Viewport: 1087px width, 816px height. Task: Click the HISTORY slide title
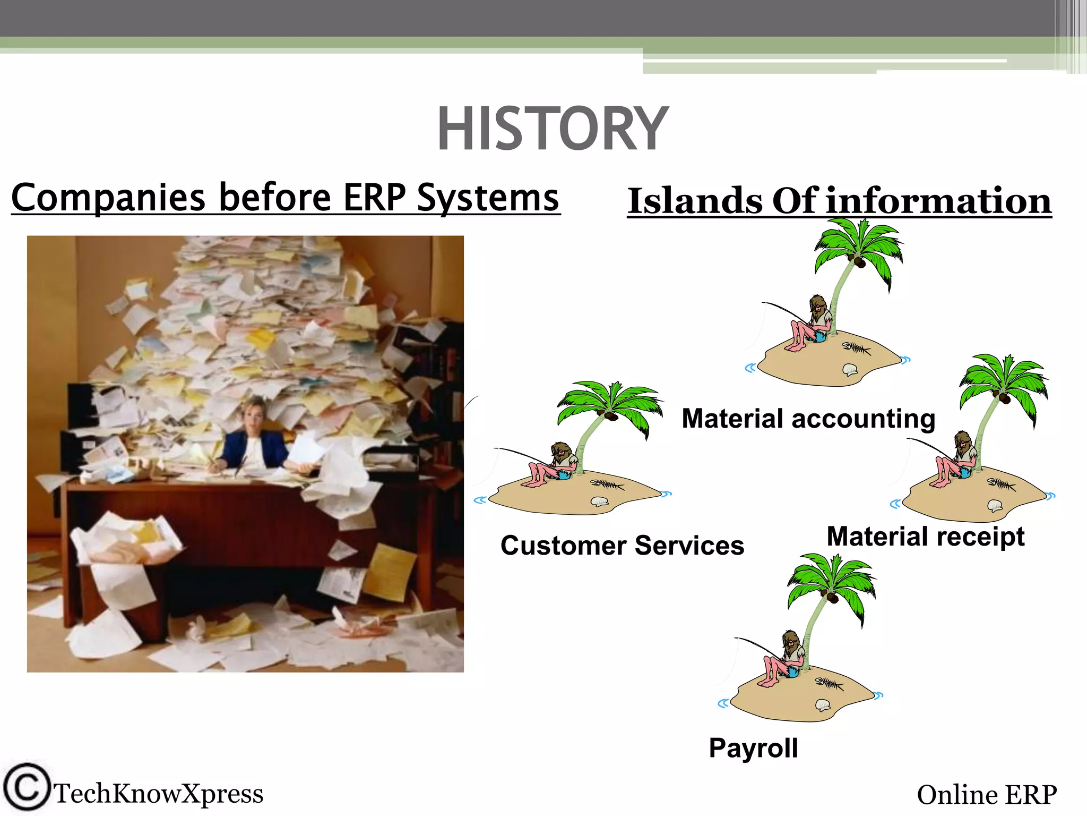(552, 129)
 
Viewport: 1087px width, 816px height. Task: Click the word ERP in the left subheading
(374, 198)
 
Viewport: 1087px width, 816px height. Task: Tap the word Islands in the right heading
(695, 201)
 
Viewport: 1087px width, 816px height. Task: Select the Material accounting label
(808, 419)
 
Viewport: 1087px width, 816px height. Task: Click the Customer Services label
(622, 546)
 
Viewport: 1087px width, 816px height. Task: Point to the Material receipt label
(925, 537)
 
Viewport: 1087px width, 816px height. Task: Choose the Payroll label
(753, 748)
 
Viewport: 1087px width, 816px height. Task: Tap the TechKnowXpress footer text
(158, 794)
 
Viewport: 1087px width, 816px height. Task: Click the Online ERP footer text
(986, 795)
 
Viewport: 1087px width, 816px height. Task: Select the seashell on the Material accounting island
(850, 369)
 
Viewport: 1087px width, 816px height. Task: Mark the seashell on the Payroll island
(822, 705)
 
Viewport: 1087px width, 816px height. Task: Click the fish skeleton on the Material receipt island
(1001, 484)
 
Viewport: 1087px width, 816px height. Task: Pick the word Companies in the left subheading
(108, 198)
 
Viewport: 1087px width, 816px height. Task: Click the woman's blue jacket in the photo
(236, 449)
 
